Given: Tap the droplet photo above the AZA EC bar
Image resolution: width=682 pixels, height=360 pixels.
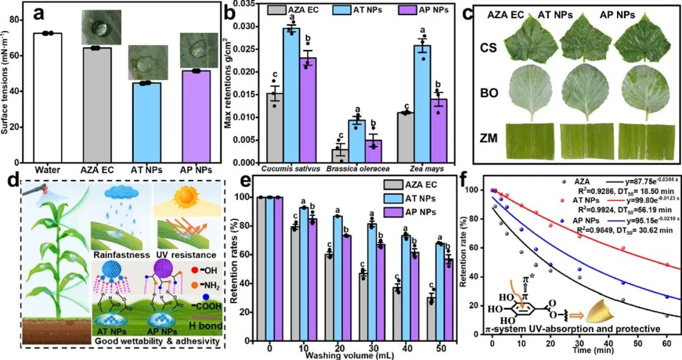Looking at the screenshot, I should [100, 27].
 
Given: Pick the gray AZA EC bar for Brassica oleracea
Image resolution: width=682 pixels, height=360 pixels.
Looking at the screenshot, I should [340, 155].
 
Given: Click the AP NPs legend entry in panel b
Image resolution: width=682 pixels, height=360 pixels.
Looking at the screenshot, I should [420, 11].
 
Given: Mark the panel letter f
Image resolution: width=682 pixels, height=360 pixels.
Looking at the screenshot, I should [481, 181].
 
